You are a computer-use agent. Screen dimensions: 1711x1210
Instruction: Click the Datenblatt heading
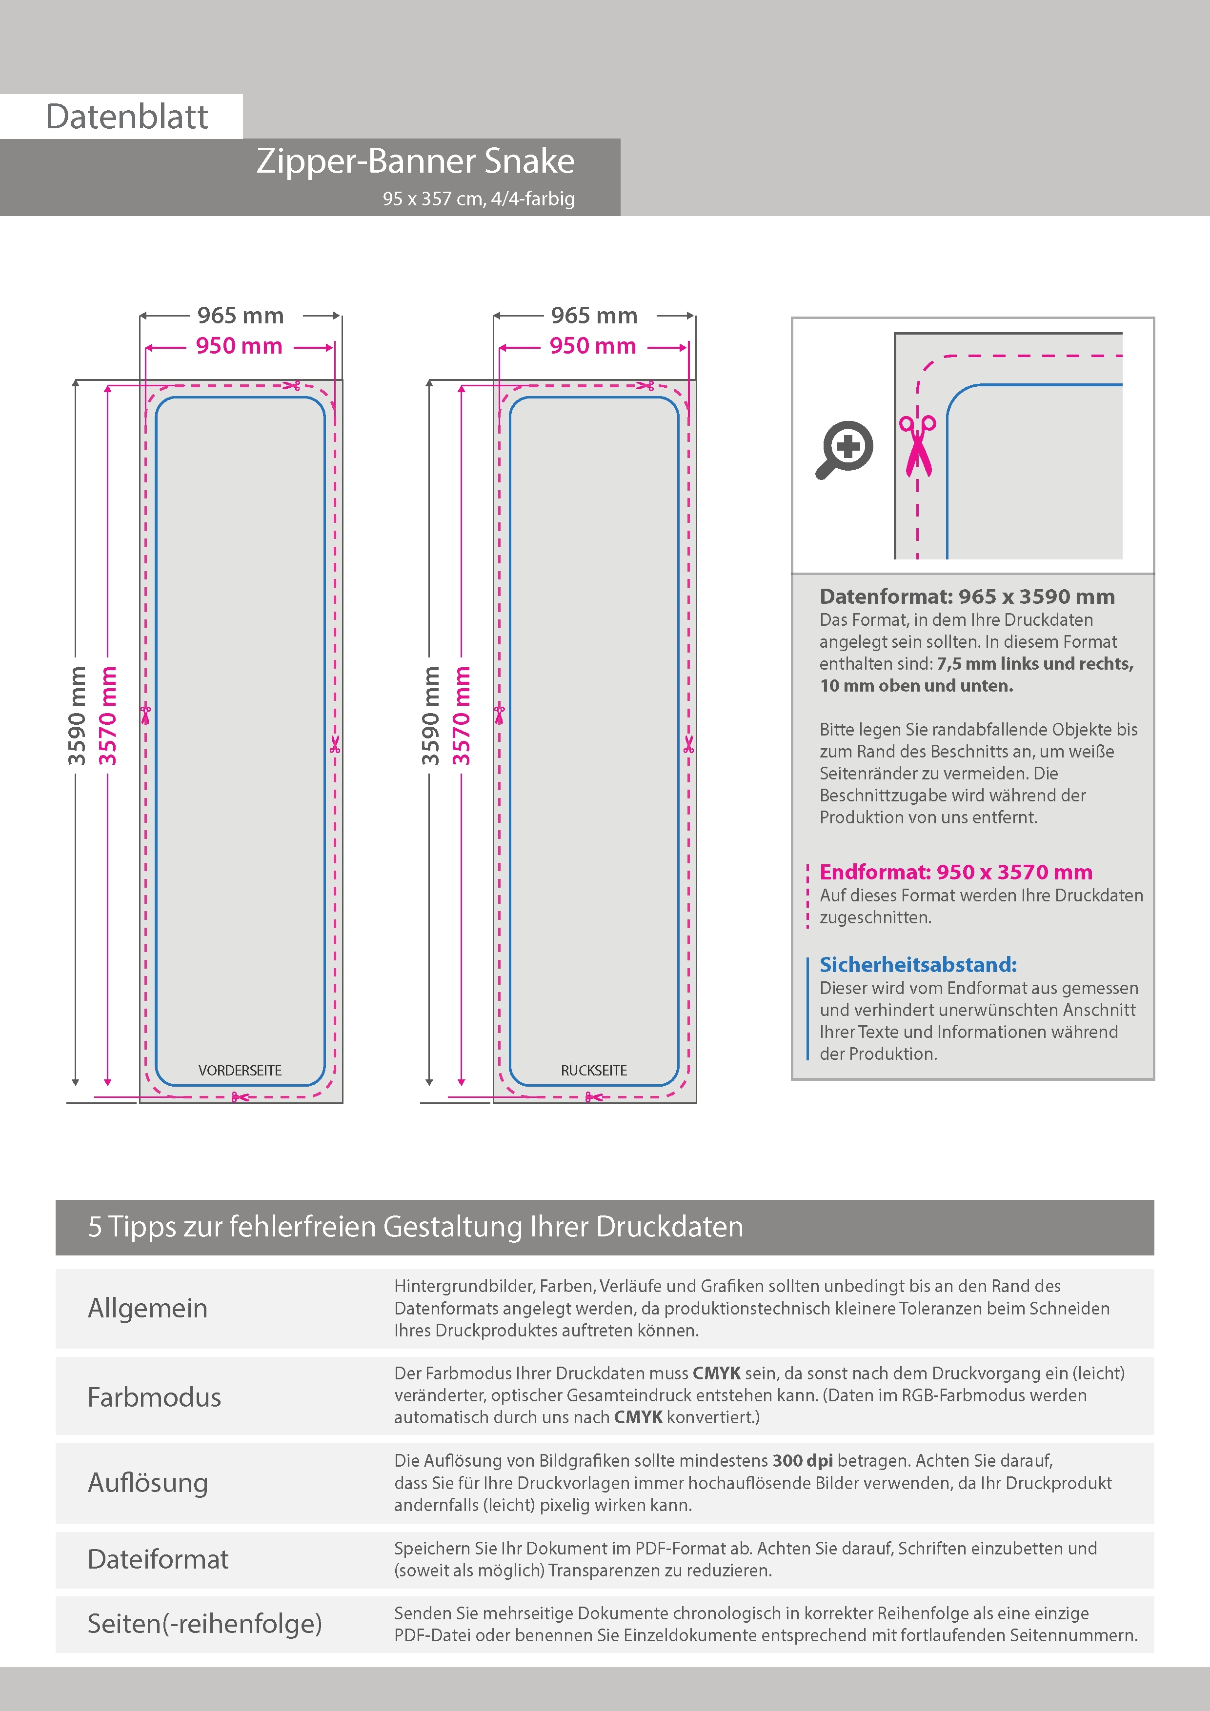(127, 117)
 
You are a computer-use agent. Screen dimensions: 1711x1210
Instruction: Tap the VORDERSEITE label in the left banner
(240, 1070)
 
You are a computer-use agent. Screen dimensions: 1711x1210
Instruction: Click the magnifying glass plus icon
(845, 449)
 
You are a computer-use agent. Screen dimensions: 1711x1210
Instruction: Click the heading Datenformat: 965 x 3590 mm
(967, 596)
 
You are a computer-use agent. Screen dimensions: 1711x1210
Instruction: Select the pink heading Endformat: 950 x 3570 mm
(956, 872)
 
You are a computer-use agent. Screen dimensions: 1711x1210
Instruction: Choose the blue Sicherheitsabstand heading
(918, 964)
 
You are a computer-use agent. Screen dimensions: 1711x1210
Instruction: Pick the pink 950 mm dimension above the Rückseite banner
(593, 346)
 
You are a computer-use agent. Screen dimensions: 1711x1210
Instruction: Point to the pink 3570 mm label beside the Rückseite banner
(462, 716)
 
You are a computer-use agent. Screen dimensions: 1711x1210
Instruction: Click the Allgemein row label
(148, 1308)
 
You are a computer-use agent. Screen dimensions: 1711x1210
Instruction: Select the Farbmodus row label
(154, 1396)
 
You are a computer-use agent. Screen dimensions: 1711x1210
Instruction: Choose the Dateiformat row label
(158, 1559)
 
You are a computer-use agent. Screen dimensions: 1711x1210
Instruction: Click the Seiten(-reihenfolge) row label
(204, 1623)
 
